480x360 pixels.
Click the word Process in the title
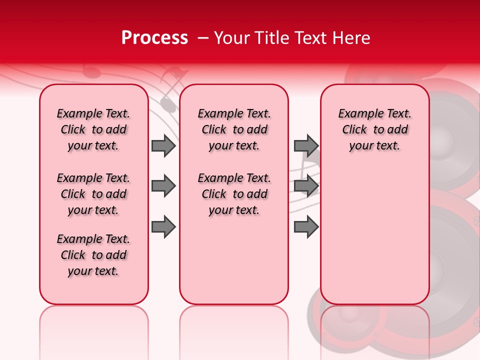[154, 38]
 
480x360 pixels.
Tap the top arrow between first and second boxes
[163, 146]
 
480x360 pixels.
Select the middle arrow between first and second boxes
[163, 186]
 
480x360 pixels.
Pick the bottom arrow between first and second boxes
[163, 226]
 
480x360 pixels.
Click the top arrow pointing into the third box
[306, 146]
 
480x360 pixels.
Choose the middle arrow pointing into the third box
[306, 186]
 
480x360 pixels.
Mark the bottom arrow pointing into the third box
[306, 226]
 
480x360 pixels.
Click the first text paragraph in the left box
[93, 129]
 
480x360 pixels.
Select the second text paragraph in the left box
[93, 194]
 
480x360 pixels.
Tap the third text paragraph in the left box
[93, 255]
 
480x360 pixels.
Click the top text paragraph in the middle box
[234, 129]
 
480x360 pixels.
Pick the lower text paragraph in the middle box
[234, 194]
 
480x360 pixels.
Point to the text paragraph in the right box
[374, 129]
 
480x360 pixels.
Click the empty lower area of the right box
[374, 240]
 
